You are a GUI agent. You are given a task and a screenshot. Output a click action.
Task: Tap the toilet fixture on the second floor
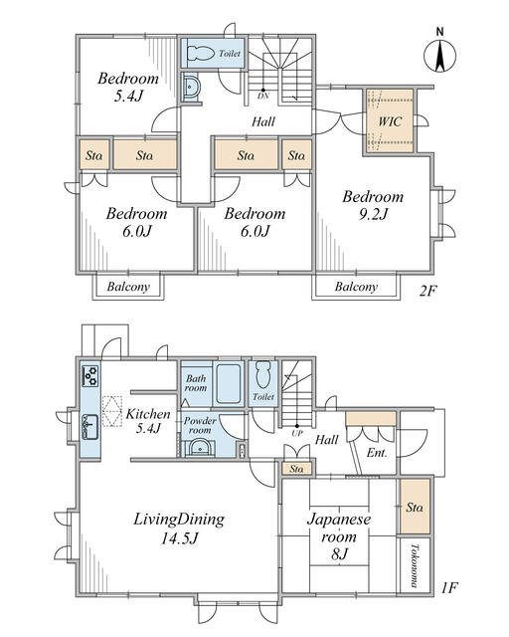click(201, 53)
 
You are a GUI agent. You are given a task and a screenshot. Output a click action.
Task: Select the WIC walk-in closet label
click(390, 121)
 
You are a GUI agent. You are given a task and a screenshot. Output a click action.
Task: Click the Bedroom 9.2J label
click(373, 205)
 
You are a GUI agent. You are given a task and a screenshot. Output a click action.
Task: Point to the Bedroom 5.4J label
click(128, 87)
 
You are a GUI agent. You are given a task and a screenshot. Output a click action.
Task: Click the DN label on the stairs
click(263, 97)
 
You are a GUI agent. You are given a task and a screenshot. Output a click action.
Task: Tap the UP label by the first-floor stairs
click(297, 433)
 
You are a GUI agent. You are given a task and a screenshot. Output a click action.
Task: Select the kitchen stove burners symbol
click(90, 375)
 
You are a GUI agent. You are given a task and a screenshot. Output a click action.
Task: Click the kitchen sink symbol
click(90, 427)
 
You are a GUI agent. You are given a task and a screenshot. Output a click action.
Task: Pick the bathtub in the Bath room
click(228, 384)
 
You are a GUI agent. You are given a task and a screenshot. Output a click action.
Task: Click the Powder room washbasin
click(199, 448)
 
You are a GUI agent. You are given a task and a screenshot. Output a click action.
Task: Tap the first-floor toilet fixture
click(263, 374)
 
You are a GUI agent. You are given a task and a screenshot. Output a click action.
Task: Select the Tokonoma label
click(414, 565)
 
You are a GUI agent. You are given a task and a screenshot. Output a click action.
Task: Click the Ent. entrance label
click(377, 452)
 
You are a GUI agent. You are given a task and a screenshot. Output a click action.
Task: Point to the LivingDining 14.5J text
click(179, 529)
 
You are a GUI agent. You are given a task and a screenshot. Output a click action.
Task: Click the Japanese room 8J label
click(339, 536)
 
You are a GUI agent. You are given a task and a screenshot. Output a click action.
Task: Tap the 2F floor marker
click(427, 291)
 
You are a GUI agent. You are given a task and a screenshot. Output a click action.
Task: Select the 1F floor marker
click(450, 588)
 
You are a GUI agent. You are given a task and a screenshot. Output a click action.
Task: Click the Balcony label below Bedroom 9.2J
click(356, 287)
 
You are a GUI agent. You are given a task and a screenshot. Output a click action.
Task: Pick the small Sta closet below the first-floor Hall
click(296, 469)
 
